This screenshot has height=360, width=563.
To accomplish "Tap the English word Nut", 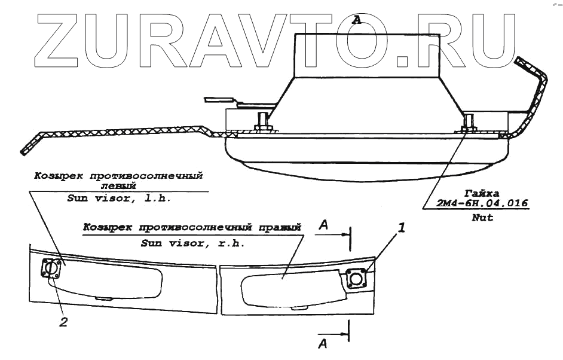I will (x=482, y=218).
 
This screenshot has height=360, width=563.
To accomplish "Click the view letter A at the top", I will (x=357, y=20).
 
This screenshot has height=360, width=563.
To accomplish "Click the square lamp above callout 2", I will (x=51, y=270).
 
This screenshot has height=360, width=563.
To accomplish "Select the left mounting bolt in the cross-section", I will (x=262, y=124).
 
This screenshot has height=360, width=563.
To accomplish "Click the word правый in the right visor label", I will (x=282, y=228).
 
